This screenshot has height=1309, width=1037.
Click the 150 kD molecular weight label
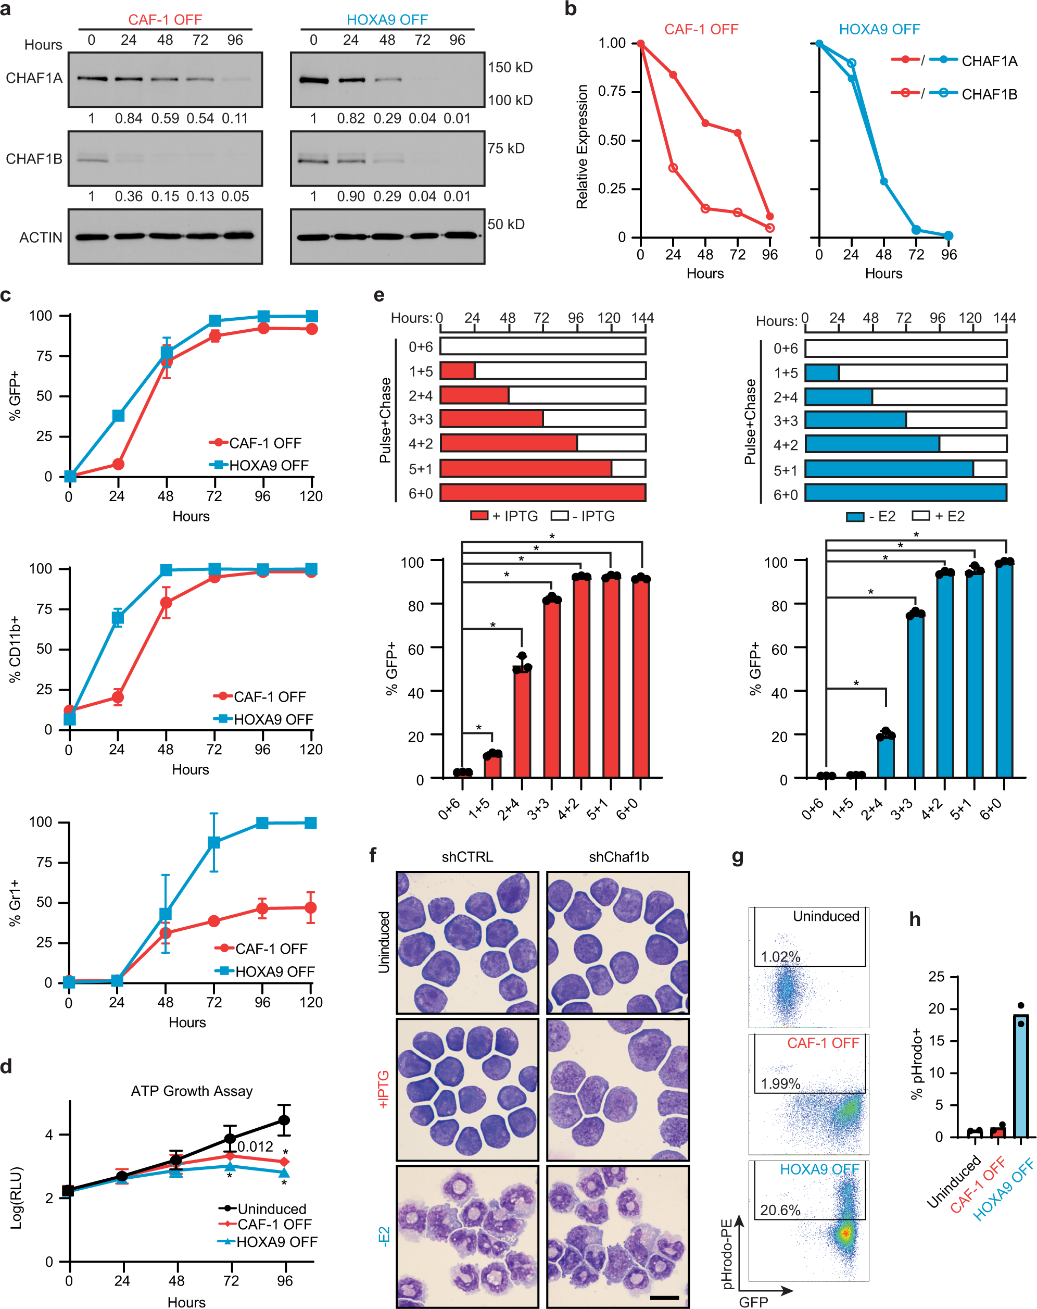coord(510,67)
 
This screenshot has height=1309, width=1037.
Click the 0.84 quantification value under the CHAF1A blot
coord(129,118)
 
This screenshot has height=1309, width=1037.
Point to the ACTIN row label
coord(41,238)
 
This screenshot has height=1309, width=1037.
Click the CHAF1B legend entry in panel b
coord(989,94)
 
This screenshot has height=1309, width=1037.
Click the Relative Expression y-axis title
coord(582,146)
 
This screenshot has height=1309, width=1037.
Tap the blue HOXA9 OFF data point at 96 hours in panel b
coord(949,235)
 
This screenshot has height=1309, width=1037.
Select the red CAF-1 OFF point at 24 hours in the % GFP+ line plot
coord(118,465)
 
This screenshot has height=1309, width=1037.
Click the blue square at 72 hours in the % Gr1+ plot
coord(213,843)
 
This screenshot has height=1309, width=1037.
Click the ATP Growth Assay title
coord(192,1091)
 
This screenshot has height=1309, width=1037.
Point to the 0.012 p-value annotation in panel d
coord(255,1146)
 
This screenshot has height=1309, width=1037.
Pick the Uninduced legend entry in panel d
coord(271,1209)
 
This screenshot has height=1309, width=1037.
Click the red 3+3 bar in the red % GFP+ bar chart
coord(552,689)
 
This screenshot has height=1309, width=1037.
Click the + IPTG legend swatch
coord(479,516)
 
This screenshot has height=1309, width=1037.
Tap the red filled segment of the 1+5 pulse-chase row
coord(458,371)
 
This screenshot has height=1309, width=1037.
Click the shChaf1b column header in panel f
coord(618,857)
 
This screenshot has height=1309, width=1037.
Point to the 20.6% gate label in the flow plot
coord(780,1210)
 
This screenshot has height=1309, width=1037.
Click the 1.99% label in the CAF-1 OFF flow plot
coord(780,1084)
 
